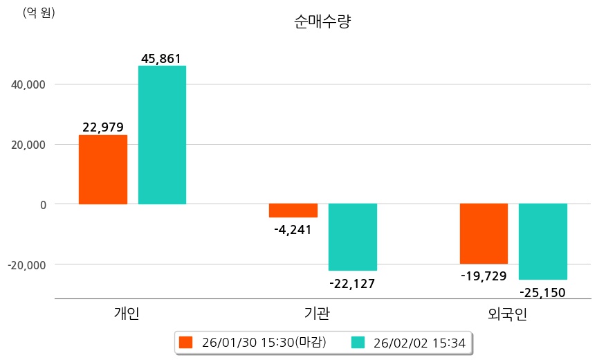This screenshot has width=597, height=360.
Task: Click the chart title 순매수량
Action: tap(323, 22)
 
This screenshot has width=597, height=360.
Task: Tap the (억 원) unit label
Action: tap(39, 12)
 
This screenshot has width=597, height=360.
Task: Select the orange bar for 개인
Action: tap(103, 170)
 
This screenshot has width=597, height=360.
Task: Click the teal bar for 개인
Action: tap(162, 135)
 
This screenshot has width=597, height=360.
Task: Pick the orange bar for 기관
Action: tap(293, 210)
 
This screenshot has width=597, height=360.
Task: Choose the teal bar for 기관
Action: tap(353, 237)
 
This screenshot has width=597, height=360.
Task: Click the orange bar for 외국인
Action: tap(484, 233)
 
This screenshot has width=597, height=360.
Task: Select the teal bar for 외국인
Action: tap(543, 242)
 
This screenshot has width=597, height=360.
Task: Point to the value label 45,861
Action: tap(161, 59)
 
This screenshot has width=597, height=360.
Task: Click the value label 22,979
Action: tap(102, 127)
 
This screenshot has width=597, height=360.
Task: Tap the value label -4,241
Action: tap(293, 230)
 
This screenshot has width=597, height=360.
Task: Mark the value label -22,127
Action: tap(353, 283)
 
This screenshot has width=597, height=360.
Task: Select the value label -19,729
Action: tap(484, 276)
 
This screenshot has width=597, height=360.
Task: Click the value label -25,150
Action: tap(542, 292)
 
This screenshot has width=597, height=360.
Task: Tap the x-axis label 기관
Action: tap(318, 314)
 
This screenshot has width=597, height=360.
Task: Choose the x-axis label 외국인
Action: tap(507, 314)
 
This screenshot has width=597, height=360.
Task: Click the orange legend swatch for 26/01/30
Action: tap(185, 342)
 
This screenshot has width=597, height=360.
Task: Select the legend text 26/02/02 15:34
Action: tap(419, 342)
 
